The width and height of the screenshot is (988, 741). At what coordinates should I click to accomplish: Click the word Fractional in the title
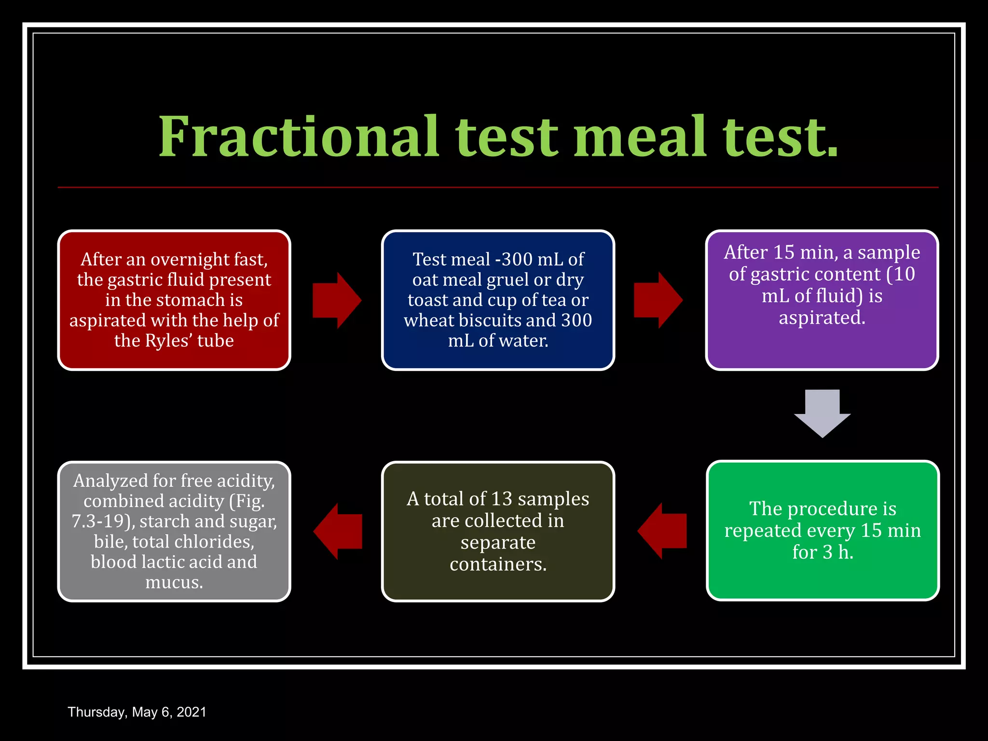click(299, 137)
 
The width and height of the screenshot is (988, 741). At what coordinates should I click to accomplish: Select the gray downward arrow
click(822, 413)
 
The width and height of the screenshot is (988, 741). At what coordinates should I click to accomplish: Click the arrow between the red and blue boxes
click(337, 300)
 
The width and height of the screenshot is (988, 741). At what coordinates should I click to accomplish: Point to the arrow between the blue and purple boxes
click(658, 300)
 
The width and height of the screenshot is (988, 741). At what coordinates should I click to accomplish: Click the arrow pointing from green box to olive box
click(662, 531)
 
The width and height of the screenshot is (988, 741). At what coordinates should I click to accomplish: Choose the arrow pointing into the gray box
click(338, 531)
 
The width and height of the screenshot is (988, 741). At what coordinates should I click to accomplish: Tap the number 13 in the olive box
click(502, 499)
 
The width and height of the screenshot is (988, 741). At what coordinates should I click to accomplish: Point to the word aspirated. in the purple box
click(822, 318)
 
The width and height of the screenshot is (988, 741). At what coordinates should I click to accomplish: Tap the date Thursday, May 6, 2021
click(137, 712)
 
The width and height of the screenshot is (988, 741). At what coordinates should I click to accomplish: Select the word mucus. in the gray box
click(174, 582)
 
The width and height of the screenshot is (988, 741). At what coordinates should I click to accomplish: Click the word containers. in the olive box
click(498, 564)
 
